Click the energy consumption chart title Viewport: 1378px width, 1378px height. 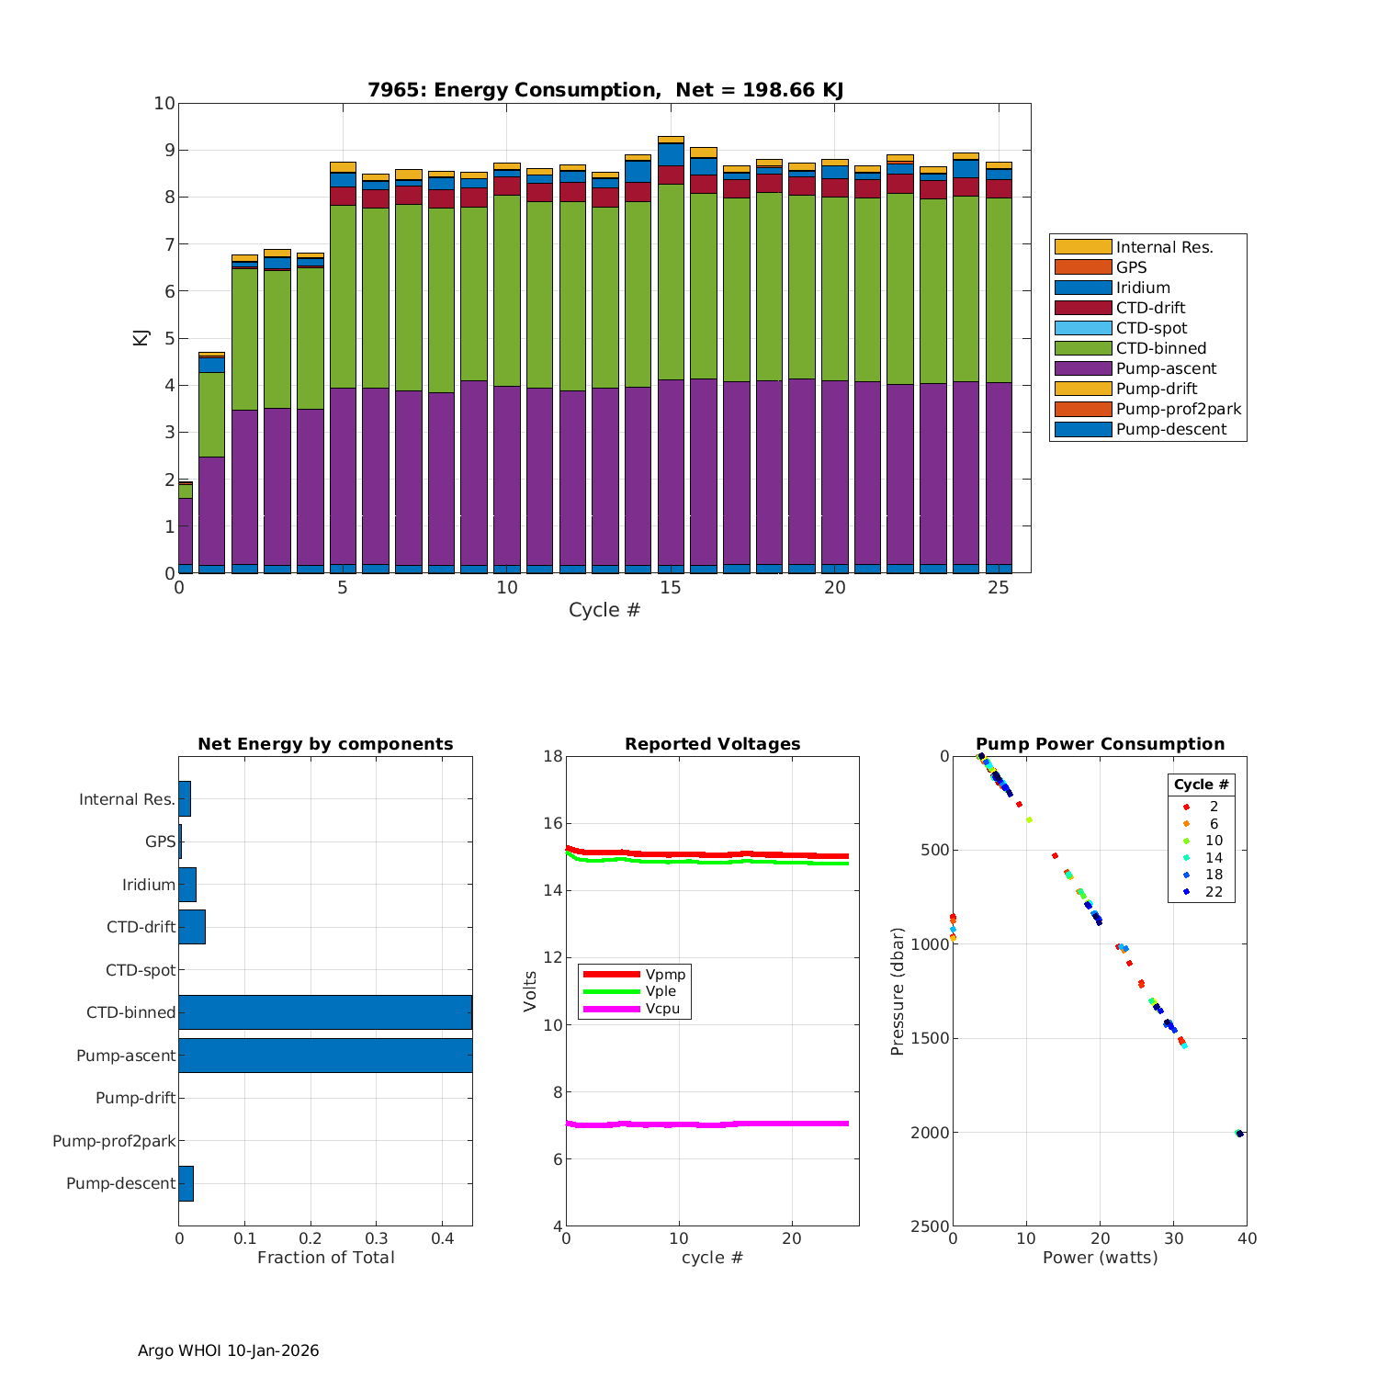(x=605, y=90)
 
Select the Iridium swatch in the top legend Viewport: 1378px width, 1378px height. (x=1082, y=288)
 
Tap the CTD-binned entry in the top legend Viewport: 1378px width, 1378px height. (x=1161, y=348)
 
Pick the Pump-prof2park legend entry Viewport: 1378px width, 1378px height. (x=1178, y=409)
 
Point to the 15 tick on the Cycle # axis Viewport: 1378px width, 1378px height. (x=671, y=588)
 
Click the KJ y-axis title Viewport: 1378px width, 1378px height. (x=141, y=337)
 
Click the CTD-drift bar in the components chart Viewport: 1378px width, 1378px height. (x=192, y=927)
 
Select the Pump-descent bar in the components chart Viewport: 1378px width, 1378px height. (x=186, y=1183)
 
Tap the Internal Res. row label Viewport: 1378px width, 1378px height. (x=127, y=799)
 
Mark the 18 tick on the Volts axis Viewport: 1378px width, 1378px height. (x=553, y=756)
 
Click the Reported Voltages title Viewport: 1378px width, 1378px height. (x=712, y=744)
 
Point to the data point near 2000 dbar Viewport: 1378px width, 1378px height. (x=1239, y=1134)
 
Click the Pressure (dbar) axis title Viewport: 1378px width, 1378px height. (x=898, y=991)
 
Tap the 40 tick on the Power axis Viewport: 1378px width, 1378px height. (x=1247, y=1239)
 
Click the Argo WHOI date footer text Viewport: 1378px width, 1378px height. (x=228, y=1350)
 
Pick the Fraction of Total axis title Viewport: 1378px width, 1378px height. (x=325, y=1258)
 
